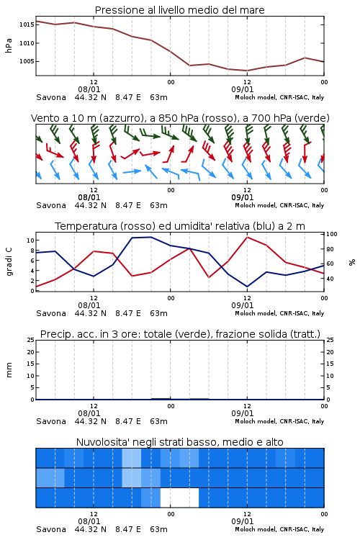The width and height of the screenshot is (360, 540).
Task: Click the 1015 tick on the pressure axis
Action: (27, 24)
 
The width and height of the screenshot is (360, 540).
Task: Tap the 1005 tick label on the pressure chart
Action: (27, 61)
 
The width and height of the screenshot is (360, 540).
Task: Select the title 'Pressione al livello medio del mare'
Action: (180, 10)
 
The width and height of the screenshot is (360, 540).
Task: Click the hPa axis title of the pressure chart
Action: (9, 45)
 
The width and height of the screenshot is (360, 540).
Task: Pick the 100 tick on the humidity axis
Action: (332, 234)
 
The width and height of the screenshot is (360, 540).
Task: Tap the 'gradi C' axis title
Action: (9, 262)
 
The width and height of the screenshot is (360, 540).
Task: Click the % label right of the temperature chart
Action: (352, 262)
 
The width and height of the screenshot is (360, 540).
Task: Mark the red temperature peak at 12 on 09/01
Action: (248, 237)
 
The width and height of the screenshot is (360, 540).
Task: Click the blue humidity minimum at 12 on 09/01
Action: (248, 286)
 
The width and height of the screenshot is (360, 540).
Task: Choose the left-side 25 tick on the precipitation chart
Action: (31, 340)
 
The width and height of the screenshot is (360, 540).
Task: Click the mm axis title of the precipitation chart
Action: (9, 370)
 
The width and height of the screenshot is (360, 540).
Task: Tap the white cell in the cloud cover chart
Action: (179, 498)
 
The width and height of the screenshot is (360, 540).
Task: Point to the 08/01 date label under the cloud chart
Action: (89, 521)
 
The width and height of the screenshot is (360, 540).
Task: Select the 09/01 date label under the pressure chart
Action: (243, 89)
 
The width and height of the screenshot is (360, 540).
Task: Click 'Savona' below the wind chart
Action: (51, 205)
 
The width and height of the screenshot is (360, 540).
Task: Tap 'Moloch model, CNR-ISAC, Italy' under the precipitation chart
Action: (279, 421)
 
